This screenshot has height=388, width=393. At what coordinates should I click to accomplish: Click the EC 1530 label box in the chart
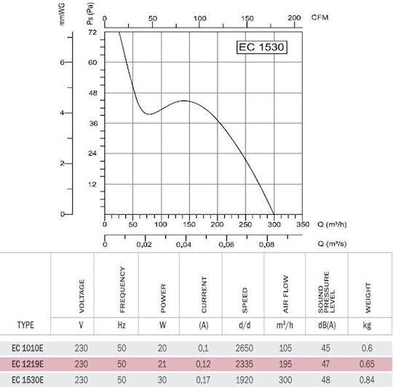tap(262, 47)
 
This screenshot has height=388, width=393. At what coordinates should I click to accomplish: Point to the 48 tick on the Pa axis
tap(92, 93)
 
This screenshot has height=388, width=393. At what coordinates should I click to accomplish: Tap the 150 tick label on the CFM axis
tap(247, 18)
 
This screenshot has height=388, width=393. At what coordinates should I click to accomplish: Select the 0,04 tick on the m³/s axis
tap(183, 245)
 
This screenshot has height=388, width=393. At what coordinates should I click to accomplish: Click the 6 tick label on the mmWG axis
tap(62, 62)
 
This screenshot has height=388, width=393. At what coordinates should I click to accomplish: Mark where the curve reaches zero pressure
tap(274, 214)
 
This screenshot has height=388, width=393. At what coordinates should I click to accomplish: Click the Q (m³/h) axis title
tap(332, 224)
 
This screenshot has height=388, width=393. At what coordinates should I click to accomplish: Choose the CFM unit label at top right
tap(319, 17)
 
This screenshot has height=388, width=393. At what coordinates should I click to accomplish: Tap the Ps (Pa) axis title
tap(90, 14)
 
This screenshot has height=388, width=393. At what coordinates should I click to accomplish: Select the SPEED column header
tap(245, 300)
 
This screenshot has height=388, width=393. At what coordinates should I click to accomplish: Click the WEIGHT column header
tap(368, 298)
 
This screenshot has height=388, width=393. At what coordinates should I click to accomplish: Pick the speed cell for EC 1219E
tap(245, 364)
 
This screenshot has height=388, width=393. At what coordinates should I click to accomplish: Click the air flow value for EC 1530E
tap(285, 380)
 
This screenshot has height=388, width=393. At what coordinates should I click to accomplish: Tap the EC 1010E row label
tap(28, 348)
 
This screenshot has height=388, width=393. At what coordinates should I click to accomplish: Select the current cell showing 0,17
tap(203, 380)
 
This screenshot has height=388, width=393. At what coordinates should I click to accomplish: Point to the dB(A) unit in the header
tap(327, 325)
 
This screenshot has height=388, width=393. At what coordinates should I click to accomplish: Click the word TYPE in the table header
tap(25, 325)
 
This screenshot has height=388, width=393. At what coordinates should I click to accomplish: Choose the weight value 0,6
tap(367, 348)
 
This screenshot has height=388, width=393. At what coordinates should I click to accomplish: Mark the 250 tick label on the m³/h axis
tap(245, 224)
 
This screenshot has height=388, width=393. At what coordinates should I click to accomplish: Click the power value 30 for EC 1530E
tap(162, 380)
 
